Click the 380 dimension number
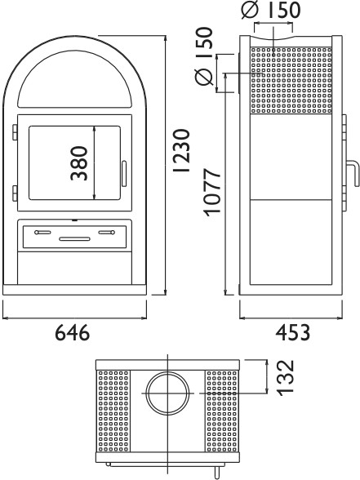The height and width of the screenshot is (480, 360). click(x=79, y=163)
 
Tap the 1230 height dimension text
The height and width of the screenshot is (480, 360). click(x=181, y=150)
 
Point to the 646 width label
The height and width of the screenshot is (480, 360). click(x=73, y=332)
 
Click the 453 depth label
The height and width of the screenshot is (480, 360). click(x=292, y=332)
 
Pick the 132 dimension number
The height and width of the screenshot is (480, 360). click(x=286, y=378)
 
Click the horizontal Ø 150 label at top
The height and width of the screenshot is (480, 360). click(x=271, y=10)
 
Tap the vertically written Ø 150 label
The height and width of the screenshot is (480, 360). click(x=204, y=56)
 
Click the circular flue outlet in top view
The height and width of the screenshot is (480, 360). click(x=168, y=393)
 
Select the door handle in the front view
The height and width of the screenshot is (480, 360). click(x=124, y=174)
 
